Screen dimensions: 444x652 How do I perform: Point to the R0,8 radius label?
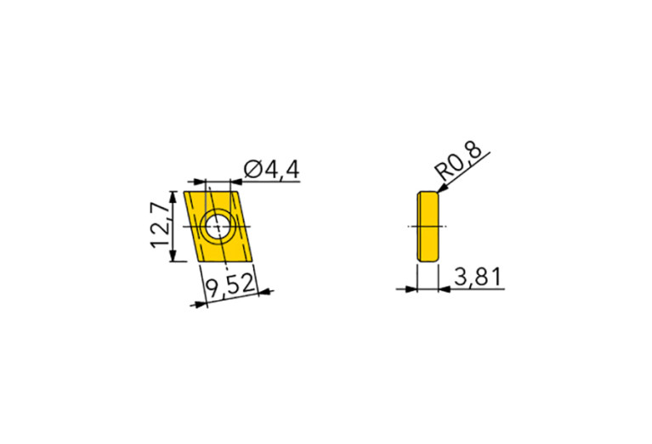460,160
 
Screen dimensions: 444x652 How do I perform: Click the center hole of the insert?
219,227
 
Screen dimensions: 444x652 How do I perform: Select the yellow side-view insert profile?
428,227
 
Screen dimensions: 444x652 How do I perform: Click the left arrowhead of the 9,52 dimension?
201,303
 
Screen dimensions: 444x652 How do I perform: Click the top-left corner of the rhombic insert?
184,193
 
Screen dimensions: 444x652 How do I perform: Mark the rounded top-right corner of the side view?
437,194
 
